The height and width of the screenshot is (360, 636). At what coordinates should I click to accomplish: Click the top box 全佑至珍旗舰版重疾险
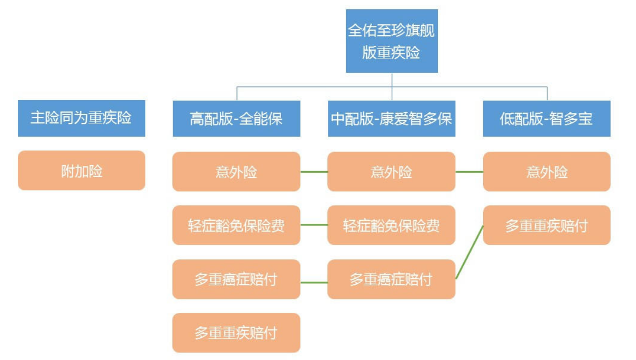tap(391, 41)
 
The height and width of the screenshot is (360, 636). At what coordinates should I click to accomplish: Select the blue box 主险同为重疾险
tap(81, 118)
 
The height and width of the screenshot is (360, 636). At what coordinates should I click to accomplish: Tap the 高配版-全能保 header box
tap(236, 119)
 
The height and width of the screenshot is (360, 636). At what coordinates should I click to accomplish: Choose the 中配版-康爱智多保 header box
tap(391, 119)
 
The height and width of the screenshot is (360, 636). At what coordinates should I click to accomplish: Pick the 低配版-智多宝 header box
tap(546, 119)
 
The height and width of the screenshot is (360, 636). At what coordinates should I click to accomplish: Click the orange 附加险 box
tap(81, 171)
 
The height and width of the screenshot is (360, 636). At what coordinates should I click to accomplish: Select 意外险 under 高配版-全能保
tap(236, 172)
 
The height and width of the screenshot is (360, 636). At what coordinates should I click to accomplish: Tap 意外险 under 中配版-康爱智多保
tap(391, 172)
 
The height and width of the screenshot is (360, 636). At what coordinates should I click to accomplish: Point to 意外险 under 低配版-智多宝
tap(546, 172)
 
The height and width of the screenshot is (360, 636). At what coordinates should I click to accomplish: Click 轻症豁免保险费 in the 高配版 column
tap(236, 225)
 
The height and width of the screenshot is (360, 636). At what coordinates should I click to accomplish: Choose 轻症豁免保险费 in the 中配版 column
tap(391, 225)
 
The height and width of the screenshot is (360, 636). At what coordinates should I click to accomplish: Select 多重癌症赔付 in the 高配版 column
tap(236, 279)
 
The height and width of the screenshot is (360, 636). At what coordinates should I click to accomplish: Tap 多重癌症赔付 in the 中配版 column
tap(391, 279)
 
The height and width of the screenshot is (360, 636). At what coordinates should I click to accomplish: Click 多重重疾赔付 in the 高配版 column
tap(236, 333)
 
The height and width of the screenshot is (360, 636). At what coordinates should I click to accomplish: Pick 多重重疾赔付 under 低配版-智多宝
tap(546, 225)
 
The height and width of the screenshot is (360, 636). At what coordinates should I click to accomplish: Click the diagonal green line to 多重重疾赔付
tap(470, 252)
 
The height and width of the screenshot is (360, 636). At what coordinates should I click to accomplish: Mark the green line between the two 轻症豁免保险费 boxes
tap(314, 225)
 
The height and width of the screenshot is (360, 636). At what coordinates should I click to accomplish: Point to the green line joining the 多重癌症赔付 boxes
tap(314, 282)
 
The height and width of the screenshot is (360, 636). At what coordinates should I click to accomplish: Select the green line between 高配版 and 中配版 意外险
tap(314, 172)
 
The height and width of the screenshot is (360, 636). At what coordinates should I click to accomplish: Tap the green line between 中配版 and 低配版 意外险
tap(469, 172)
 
